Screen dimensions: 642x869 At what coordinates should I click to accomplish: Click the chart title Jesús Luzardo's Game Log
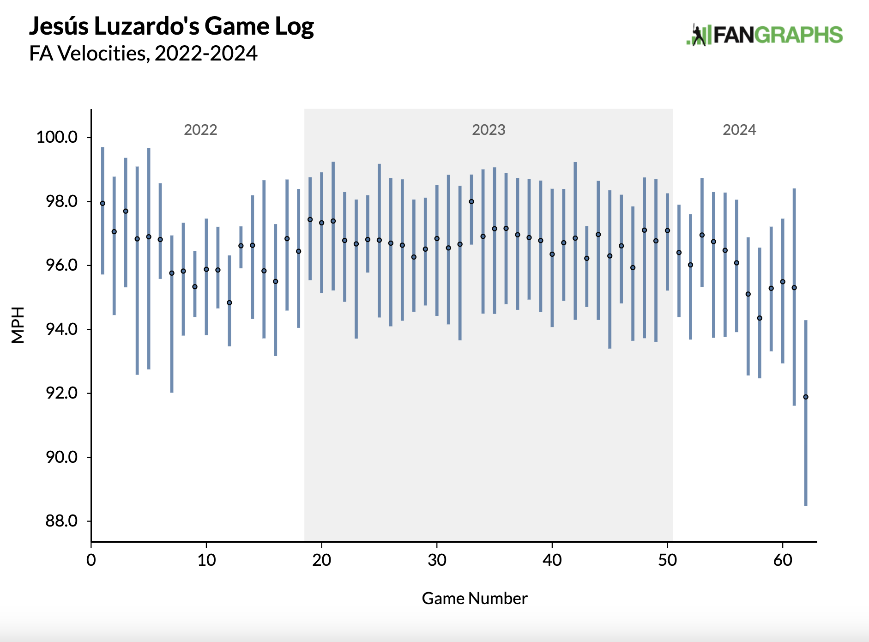pos(171,26)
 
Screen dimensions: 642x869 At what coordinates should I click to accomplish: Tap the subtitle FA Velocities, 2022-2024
pos(143,54)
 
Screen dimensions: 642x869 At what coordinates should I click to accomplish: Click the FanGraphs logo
pos(764,35)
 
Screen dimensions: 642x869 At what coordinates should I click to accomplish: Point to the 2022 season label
pos(200,130)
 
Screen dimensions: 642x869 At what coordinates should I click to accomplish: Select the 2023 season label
pos(489,130)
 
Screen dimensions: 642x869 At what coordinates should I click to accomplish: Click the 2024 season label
pos(739,130)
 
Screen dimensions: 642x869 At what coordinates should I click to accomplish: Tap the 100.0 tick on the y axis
pos(57,137)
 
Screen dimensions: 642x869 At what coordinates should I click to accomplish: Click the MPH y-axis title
pos(18,325)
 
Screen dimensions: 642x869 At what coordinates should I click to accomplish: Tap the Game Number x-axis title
pos(474,599)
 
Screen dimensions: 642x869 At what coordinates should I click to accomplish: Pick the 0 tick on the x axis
pos(91,560)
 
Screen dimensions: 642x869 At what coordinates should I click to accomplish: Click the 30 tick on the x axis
pos(437,560)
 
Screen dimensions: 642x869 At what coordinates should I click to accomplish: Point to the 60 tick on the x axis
pos(783,560)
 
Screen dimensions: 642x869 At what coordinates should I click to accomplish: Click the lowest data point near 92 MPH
pos(806,397)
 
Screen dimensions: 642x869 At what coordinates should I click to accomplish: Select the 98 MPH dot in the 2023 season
pos(471,201)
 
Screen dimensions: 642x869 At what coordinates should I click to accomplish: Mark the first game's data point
pos(103,203)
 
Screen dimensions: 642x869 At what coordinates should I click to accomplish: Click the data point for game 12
pos(229,303)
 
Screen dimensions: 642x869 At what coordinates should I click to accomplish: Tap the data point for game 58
pos(760,318)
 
